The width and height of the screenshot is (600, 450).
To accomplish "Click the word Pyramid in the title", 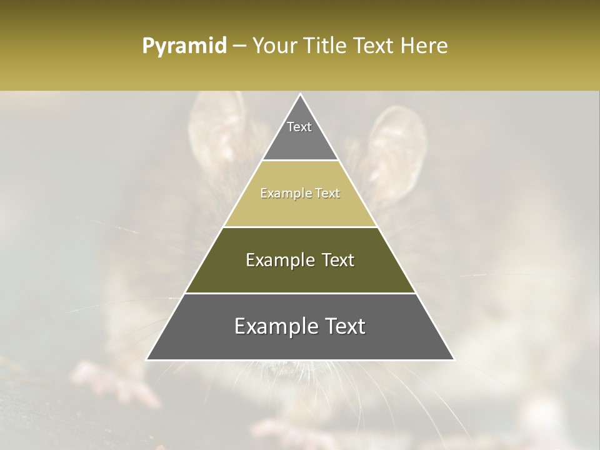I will coord(184,46).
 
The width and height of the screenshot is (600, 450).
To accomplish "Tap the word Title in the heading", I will coord(329,46).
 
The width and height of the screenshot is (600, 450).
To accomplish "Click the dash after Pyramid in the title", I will coord(239,47).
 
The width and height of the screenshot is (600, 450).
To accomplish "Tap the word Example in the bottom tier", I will coord(273,327).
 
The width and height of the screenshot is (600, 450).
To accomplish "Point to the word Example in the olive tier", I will coord(277,260).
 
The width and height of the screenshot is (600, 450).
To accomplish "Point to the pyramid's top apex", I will coord(300,95).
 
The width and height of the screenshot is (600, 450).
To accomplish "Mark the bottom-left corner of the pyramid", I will coord(147,359).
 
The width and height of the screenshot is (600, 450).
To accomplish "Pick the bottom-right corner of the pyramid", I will coord(453,359).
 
